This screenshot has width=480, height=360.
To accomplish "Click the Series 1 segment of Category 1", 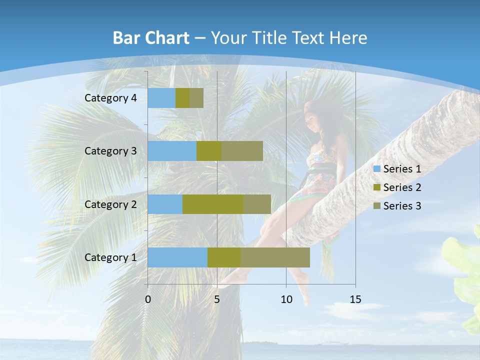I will point(177,257).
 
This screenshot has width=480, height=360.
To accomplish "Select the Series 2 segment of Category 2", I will point(213,204).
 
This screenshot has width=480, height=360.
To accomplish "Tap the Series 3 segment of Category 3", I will point(242,151).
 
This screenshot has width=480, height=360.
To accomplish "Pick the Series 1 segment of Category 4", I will point(161,98).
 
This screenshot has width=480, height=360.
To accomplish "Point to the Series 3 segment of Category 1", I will point(275,257).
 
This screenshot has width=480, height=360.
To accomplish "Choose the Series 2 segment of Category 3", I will point(209,151).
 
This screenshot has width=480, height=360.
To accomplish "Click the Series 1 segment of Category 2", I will point(165,204).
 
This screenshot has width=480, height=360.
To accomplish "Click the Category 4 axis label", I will point(110,98).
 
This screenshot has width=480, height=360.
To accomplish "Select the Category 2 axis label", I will point(110,204).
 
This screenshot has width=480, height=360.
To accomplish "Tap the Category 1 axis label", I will point(110,257).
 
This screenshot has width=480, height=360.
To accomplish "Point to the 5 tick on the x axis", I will point(217,299).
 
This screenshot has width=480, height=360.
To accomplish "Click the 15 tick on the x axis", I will point(355,299).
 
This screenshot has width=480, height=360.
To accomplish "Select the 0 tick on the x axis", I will point(148,299).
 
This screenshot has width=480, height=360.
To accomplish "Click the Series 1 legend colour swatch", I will point(376,169).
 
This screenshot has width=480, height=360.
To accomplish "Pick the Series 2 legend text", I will point(402,187).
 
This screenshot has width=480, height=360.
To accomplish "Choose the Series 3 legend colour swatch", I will point(376,206).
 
